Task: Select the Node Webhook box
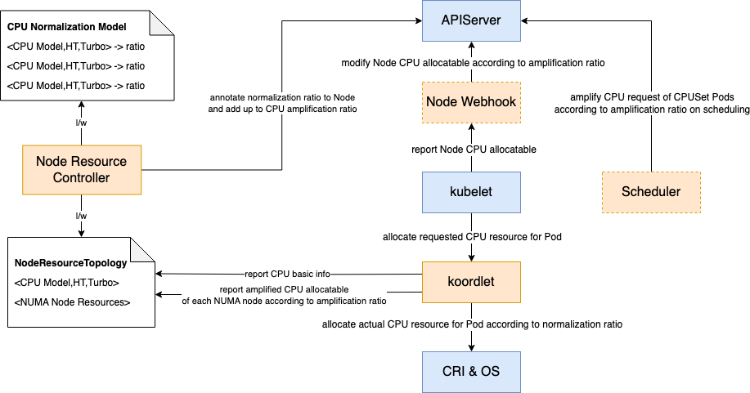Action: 471,102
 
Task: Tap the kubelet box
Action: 471,193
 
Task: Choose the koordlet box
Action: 471,282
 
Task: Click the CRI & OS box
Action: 471,371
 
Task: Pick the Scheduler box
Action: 651,193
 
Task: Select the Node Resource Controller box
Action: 81,170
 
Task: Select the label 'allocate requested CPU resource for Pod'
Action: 471,237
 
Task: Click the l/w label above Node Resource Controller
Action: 81,123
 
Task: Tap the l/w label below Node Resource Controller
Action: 81,215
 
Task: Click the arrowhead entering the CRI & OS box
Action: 471,347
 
